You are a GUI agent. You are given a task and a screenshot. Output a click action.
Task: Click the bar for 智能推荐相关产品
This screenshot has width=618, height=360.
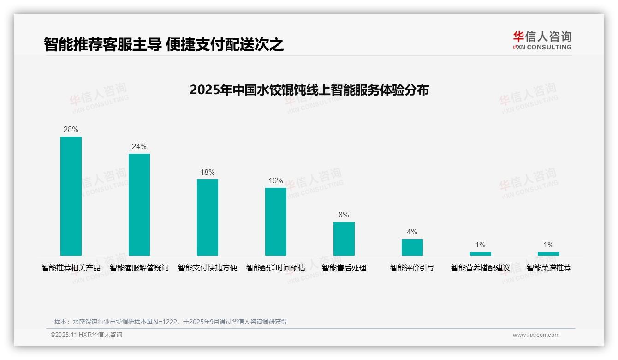pos(71,196)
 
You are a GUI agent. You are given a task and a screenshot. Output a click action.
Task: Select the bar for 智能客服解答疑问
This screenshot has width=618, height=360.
pos(139,204)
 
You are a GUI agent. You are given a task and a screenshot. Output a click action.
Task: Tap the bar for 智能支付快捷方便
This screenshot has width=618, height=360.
pos(208,217)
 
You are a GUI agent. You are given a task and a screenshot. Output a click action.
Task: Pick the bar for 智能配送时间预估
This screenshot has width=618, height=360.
pos(276,222)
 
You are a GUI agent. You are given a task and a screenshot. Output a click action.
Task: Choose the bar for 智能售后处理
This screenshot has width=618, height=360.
pos(344,239)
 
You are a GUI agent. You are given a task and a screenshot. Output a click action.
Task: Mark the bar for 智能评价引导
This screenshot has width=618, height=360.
pos(412,247)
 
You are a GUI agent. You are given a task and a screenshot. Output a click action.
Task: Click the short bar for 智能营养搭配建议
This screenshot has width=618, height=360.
pos(481,254)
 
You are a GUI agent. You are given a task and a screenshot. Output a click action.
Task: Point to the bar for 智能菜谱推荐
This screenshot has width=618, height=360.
pos(548,254)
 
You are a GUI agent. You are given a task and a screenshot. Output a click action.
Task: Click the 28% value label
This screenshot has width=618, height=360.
pos(71,130)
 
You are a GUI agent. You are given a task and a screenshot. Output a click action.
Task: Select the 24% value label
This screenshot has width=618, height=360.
pos(139,147)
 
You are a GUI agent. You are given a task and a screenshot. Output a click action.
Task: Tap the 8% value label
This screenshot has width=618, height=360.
pos(344,215)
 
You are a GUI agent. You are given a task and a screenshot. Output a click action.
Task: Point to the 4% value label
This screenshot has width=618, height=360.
pos(412,232)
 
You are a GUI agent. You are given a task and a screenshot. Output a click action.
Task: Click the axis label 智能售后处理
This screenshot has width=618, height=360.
pos(344,268)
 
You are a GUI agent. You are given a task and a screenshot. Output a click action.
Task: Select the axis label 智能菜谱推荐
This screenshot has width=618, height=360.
pos(549,268)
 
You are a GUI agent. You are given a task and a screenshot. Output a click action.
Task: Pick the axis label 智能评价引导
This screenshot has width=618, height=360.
pos(412,268)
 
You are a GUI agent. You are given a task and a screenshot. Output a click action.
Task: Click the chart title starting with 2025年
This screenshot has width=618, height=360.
pos(309,90)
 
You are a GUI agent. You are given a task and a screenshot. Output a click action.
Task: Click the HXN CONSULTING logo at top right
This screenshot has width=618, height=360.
pos(542,41)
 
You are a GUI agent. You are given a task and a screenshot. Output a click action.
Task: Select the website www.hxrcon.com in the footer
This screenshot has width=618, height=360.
pos(536,335)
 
